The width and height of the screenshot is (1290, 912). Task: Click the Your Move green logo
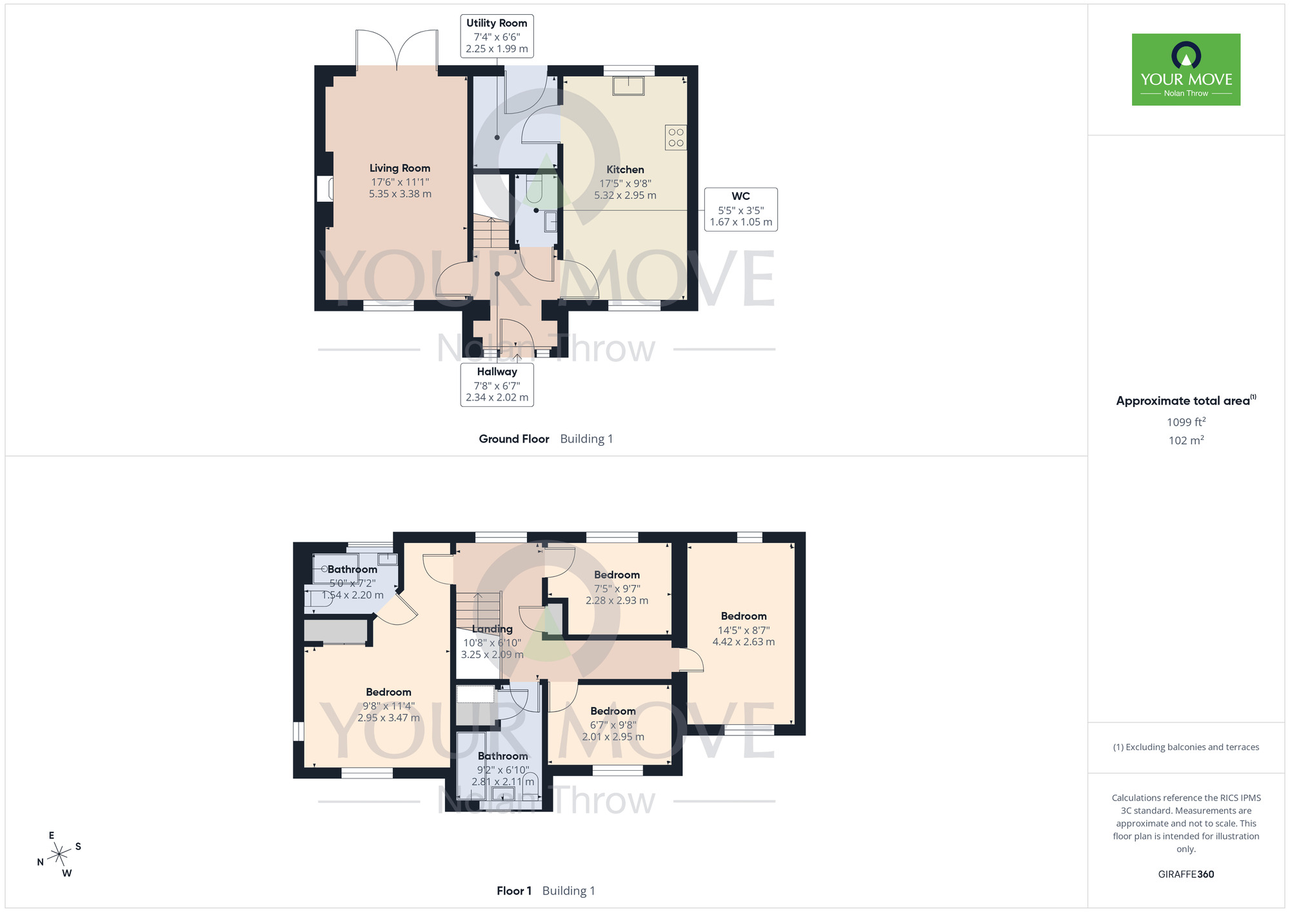[1186, 70]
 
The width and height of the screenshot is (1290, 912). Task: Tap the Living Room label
[400, 168]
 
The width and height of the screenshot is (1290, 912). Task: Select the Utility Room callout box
[497, 36]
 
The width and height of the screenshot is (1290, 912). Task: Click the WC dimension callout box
[740, 210]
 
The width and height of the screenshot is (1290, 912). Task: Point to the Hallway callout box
[497, 385]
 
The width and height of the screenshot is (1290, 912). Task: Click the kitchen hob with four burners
[676, 137]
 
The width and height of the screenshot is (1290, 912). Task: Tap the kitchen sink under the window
[628, 86]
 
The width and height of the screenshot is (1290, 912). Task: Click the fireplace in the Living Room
[324, 189]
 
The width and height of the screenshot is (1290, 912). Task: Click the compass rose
[59, 855]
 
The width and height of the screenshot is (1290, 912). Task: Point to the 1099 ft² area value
[1186, 422]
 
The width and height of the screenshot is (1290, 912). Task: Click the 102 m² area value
[1186, 440]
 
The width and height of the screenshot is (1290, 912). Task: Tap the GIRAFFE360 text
[1186, 875]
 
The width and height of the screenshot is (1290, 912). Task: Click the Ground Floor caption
[514, 439]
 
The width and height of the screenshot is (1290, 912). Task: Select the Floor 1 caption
[514, 891]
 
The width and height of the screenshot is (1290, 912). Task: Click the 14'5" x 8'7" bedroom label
[744, 629]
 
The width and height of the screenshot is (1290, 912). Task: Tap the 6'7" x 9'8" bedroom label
[613, 724]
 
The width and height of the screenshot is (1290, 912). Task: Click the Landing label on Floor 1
[492, 629]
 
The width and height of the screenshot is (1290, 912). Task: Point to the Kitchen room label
[625, 170]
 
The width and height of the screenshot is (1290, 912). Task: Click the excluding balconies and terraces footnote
[1186, 747]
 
